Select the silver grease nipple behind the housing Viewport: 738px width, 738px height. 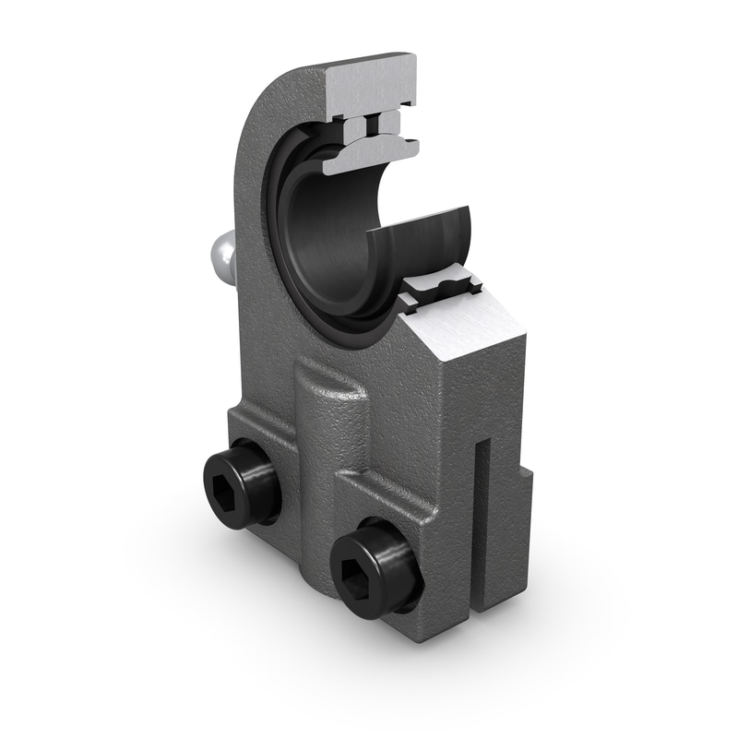pyautogui.click(x=220, y=256)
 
